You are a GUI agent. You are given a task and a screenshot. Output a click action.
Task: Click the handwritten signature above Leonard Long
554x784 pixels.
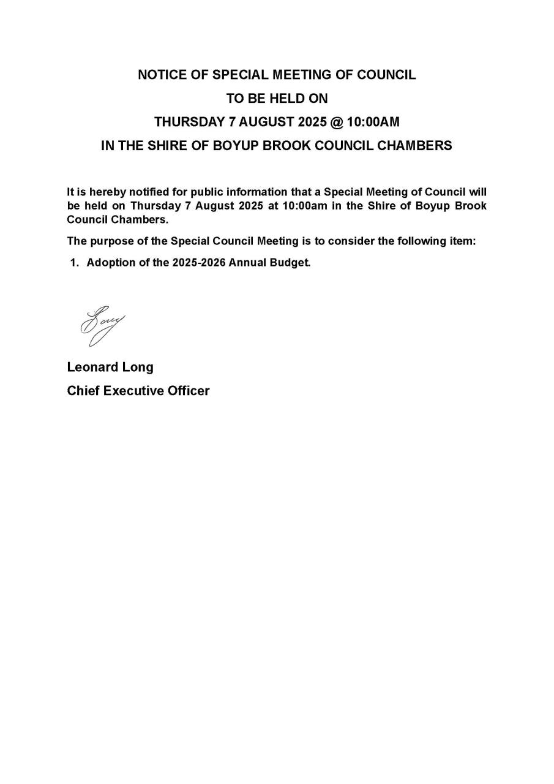100,325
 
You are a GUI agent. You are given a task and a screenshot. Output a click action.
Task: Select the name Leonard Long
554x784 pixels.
110,367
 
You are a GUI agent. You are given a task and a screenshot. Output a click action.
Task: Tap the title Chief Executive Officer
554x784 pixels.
138,391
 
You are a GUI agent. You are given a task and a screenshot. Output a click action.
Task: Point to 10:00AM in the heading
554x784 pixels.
373,122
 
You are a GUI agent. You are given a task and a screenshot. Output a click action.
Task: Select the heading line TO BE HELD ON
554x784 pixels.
277,98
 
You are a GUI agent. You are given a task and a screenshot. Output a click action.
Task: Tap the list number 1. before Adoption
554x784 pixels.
75,263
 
